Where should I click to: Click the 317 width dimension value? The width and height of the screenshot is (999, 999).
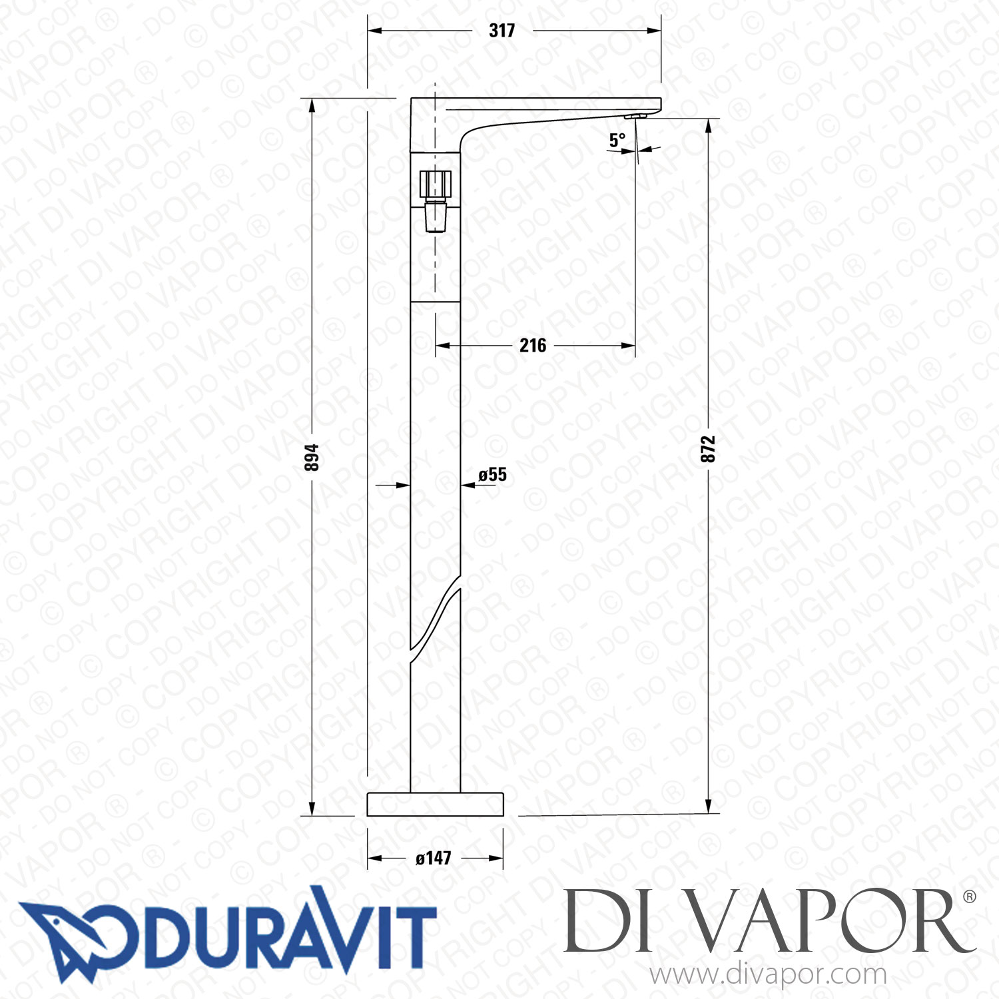(501, 31)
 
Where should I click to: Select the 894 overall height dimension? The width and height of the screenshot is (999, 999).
(312, 457)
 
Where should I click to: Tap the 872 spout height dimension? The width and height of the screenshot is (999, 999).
(708, 449)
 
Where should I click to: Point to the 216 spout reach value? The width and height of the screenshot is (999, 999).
(533, 345)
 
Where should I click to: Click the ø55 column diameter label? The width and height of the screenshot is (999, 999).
(493, 474)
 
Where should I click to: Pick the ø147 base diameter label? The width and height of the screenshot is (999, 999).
(434, 858)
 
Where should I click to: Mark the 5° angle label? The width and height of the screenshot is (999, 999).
(617, 140)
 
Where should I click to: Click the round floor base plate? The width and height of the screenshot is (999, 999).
(435, 804)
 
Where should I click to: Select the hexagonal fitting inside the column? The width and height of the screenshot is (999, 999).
(436, 184)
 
